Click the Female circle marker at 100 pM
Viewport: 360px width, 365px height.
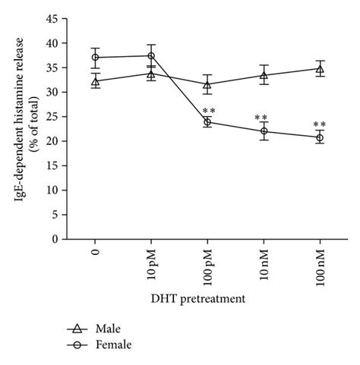[207, 122]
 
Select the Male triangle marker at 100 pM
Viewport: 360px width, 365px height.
[207, 84]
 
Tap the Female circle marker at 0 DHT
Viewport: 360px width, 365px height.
[95, 58]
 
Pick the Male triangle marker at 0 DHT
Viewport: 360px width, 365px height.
[95, 80]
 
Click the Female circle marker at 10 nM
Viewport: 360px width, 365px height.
[263, 131]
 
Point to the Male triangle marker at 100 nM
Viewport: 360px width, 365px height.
[319, 69]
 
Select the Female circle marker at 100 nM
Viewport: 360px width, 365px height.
[319, 137]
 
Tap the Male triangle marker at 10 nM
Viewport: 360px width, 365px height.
[263, 75]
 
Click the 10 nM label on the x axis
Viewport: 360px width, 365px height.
[263, 263]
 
